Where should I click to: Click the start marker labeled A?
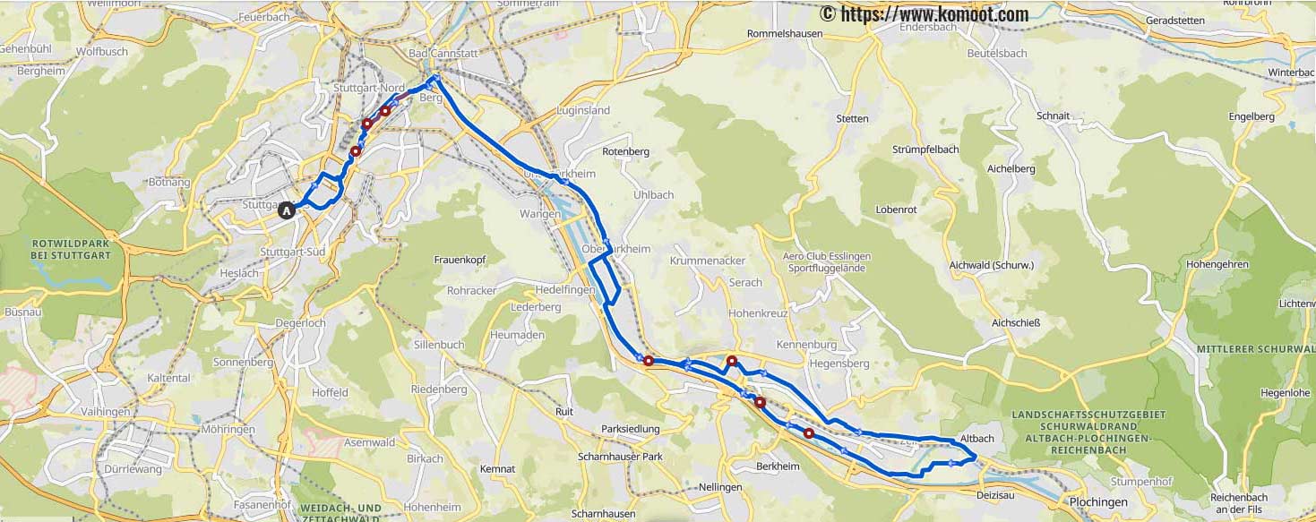(x=286, y=211)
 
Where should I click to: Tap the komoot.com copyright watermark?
(x=924, y=14)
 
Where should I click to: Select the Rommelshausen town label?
(x=785, y=35)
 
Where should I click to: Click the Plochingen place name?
(x=1098, y=501)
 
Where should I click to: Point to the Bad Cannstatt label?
(x=444, y=54)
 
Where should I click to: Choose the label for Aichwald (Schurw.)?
(x=992, y=265)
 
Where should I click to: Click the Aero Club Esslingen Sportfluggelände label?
(x=826, y=261)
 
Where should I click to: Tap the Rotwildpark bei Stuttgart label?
(x=71, y=249)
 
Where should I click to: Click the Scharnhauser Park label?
(x=620, y=457)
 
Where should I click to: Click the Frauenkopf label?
(x=459, y=260)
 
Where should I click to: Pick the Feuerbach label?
(x=262, y=17)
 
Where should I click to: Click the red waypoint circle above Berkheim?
(x=808, y=433)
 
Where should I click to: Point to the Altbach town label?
(x=976, y=438)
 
